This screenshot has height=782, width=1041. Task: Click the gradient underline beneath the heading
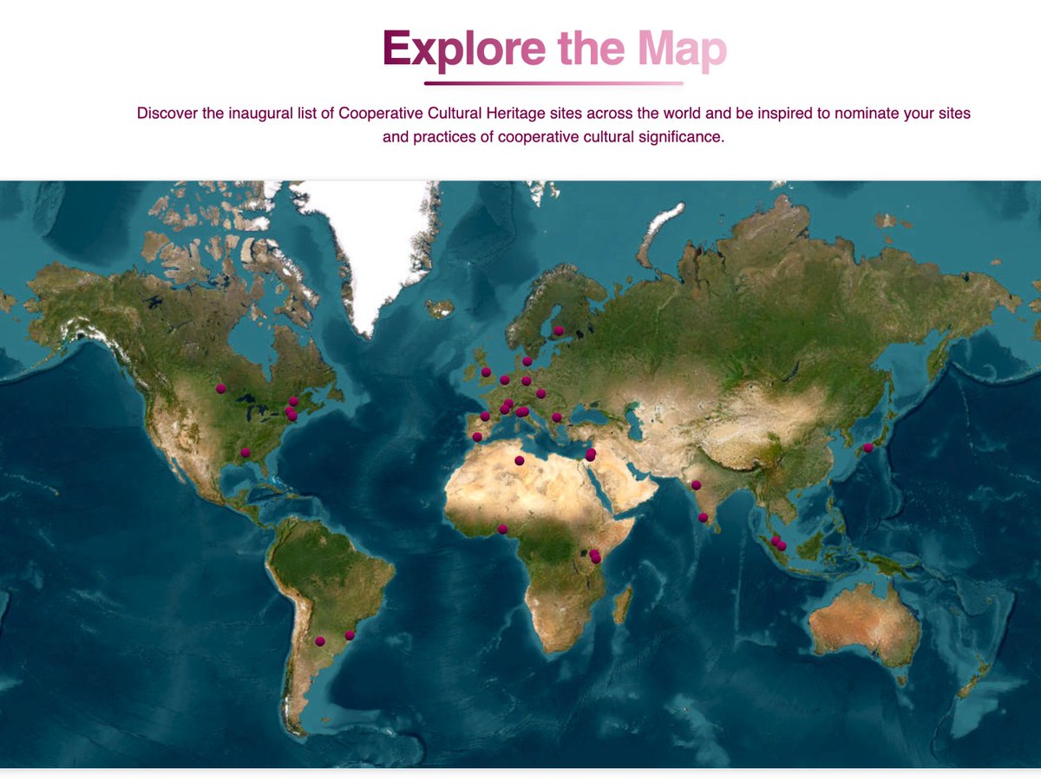(x=553, y=83)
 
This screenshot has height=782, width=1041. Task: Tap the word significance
(x=680, y=137)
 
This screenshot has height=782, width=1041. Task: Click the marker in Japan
(x=867, y=448)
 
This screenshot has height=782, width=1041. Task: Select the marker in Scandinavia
(x=559, y=331)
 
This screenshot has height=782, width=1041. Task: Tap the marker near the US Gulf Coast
(x=246, y=452)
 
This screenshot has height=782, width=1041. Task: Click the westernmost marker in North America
(x=221, y=389)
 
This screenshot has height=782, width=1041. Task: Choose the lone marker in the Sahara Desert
(x=520, y=461)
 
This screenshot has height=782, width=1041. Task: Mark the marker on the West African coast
(x=502, y=529)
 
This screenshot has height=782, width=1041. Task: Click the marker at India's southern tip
(x=703, y=518)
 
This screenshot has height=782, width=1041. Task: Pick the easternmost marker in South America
(x=350, y=635)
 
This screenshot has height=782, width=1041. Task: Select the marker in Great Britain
(x=486, y=372)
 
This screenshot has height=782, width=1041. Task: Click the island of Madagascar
(x=622, y=604)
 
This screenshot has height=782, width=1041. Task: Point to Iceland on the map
(x=440, y=308)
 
